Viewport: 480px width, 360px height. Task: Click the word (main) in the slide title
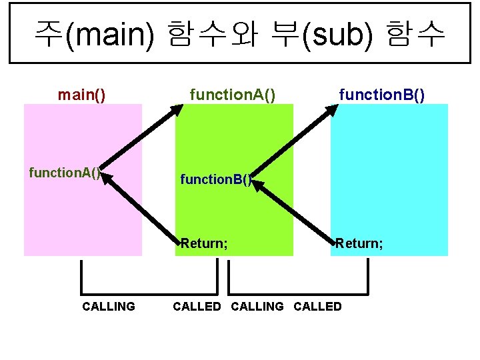(x=110, y=34)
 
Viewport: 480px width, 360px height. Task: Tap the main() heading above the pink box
(x=81, y=95)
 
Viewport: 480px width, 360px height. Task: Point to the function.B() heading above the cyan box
(x=381, y=95)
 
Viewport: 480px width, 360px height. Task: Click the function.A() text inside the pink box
(x=65, y=173)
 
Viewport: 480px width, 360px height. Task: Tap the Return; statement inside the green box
(x=204, y=243)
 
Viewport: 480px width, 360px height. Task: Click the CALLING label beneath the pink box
(x=108, y=307)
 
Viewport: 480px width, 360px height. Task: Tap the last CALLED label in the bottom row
(x=317, y=307)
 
